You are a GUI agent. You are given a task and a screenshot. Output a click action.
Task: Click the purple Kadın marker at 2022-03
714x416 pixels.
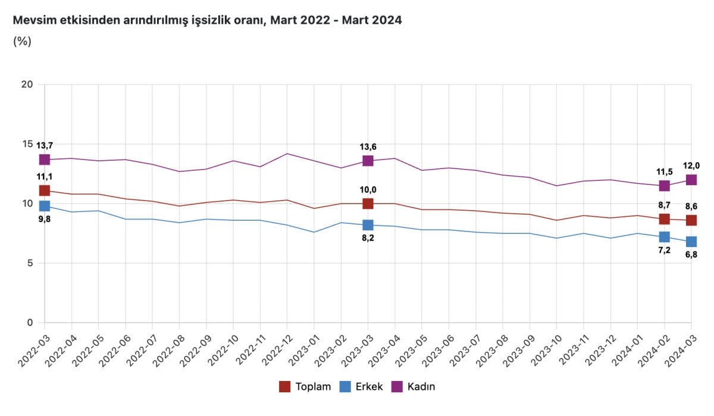coord(45,159)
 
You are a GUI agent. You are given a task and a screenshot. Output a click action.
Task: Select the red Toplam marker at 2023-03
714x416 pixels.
coord(368,204)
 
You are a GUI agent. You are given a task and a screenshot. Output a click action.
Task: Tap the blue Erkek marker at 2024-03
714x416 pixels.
coord(691,242)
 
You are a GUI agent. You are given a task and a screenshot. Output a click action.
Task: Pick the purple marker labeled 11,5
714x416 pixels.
coord(664,186)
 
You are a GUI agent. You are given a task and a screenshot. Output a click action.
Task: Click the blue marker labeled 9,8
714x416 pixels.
coord(45,206)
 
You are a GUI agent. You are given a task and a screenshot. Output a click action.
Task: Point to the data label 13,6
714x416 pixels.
coord(368,147)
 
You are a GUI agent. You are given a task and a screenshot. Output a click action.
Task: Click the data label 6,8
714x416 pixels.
coord(691,255)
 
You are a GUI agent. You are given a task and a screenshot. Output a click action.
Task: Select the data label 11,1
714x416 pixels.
coord(45,177)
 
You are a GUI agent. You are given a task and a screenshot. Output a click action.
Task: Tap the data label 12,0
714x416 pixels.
coord(691,166)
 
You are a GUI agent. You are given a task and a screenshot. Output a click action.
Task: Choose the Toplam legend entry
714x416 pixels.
coord(305,387)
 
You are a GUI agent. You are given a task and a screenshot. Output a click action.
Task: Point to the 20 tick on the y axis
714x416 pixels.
coord(26,85)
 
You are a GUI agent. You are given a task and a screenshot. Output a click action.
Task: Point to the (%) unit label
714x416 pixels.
coord(22,42)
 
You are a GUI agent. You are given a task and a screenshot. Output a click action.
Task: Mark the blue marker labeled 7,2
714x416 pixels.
coord(664,237)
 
